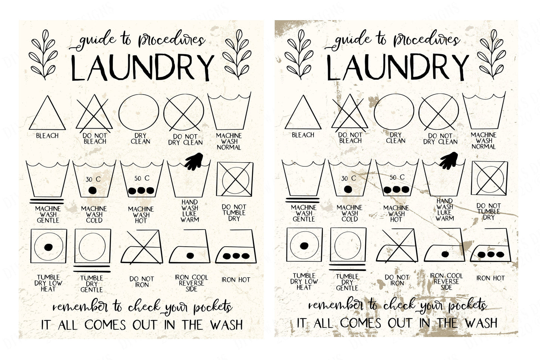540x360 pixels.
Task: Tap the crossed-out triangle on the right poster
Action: click(x=349, y=113)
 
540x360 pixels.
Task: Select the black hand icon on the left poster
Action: click(x=194, y=161)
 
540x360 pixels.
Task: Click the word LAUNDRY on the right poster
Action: click(x=398, y=67)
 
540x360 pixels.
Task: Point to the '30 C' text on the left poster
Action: click(x=93, y=179)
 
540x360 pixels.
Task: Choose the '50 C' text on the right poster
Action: click(x=397, y=178)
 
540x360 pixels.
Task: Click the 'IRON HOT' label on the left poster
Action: click(x=236, y=280)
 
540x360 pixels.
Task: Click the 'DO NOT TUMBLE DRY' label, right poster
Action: click(x=489, y=212)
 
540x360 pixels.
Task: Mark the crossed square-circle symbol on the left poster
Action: click(x=235, y=179)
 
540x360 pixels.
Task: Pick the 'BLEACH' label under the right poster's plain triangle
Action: click(x=303, y=135)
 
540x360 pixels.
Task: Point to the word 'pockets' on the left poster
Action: click(x=213, y=307)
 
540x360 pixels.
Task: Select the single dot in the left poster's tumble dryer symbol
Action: click(x=48, y=247)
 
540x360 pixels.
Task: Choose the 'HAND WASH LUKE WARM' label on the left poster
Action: click(x=190, y=211)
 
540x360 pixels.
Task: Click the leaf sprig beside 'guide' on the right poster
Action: click(x=299, y=55)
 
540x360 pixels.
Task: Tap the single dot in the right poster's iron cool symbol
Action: click(x=445, y=254)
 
